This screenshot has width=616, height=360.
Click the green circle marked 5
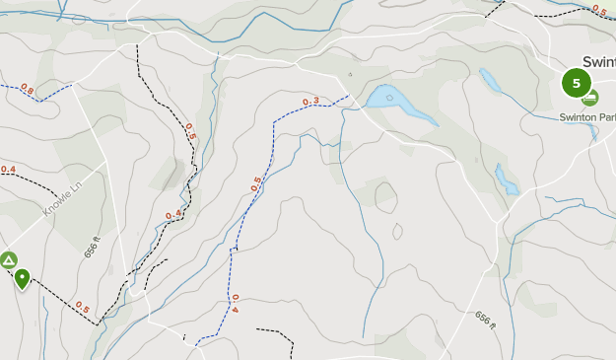(577, 84)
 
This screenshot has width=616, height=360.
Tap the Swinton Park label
(586, 117)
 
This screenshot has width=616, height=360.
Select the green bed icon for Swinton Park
(590, 98)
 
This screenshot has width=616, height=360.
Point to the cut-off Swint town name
(598, 61)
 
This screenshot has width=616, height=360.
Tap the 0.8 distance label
(27, 92)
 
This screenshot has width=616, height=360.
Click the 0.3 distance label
(311, 102)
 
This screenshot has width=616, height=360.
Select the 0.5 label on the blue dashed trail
(256, 183)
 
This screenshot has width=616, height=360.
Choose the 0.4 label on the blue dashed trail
(235, 304)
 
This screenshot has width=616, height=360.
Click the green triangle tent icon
(8, 260)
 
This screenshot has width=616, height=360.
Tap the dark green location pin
(21, 278)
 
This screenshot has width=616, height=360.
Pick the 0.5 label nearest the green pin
(82, 310)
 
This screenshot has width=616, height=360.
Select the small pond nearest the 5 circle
(489, 78)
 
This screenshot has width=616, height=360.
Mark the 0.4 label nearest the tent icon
(8, 170)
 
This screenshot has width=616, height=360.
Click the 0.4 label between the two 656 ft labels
(174, 214)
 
